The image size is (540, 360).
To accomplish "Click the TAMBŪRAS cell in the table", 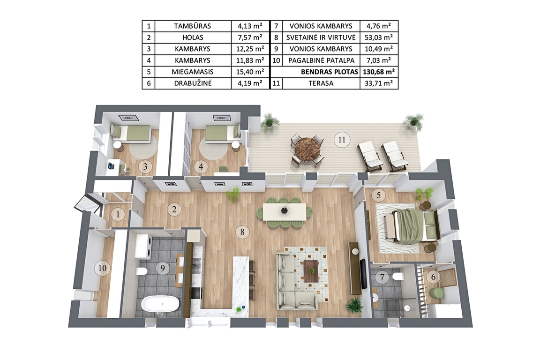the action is click(193, 26).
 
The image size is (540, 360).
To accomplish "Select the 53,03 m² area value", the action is click(379, 37).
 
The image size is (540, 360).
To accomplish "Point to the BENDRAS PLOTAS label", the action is click(330, 72).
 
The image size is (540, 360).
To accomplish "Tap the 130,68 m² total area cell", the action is click(379, 72).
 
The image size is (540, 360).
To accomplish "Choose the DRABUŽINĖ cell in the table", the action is click(193, 83).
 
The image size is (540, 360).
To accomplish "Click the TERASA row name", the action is click(321, 83).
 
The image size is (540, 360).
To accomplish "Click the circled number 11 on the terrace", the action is click(342, 140).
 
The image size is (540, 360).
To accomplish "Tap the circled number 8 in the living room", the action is click(242, 232).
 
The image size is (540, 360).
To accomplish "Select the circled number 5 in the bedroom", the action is click(379, 195).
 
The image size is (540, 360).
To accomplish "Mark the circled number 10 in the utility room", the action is click(102, 268).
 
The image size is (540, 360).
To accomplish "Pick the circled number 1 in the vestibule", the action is click(118, 214).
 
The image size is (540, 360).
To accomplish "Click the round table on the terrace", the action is click(307, 149).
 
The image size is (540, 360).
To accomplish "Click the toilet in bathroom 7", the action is click(399, 276).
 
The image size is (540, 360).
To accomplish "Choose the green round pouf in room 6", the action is click(437, 293).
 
